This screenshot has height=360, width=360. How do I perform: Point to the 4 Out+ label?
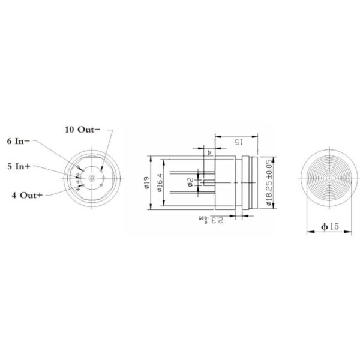click(27, 195)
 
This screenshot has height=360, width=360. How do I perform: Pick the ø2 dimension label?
click(191, 182)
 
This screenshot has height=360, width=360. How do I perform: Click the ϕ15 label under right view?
click(329, 226)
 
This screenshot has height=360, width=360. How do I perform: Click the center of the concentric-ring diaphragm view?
click(328, 178)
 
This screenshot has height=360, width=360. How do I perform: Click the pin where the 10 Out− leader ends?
click(103, 172)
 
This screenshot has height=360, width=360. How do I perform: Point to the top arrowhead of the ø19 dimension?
click(149, 158)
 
